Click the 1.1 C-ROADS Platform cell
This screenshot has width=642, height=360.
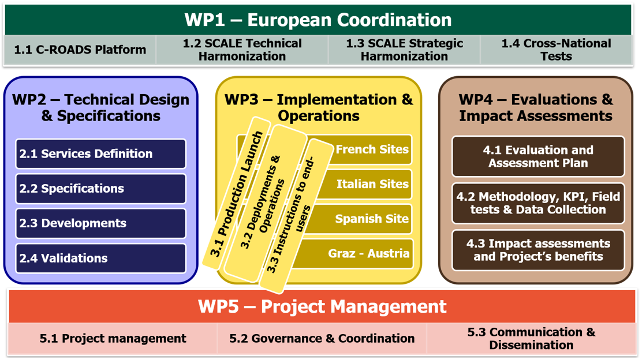click(x=80, y=50)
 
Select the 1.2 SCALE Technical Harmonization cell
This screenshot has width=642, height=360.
click(x=242, y=50)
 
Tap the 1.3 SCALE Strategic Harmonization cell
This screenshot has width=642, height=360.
click(x=404, y=50)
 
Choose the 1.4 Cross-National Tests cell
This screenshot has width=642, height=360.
click(x=556, y=50)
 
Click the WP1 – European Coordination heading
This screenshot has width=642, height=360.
click(x=318, y=20)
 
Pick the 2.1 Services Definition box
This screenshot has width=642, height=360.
click(x=100, y=154)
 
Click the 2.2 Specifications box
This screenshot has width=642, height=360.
click(x=100, y=189)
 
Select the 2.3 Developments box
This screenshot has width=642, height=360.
click(x=100, y=223)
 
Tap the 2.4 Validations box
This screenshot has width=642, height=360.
click(x=100, y=258)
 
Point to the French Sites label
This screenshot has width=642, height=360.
click(x=372, y=149)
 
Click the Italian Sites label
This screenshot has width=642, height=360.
click(x=372, y=185)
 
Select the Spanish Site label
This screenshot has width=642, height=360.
click(x=372, y=219)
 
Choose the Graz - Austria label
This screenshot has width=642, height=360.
click(x=369, y=254)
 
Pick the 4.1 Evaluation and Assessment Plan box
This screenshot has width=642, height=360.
click(x=538, y=156)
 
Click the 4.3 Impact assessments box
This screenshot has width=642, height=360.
click(x=538, y=250)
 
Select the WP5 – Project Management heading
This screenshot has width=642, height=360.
click(x=322, y=306)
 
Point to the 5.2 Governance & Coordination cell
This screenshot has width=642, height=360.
click(x=322, y=339)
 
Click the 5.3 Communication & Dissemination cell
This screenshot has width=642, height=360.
click(x=531, y=339)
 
